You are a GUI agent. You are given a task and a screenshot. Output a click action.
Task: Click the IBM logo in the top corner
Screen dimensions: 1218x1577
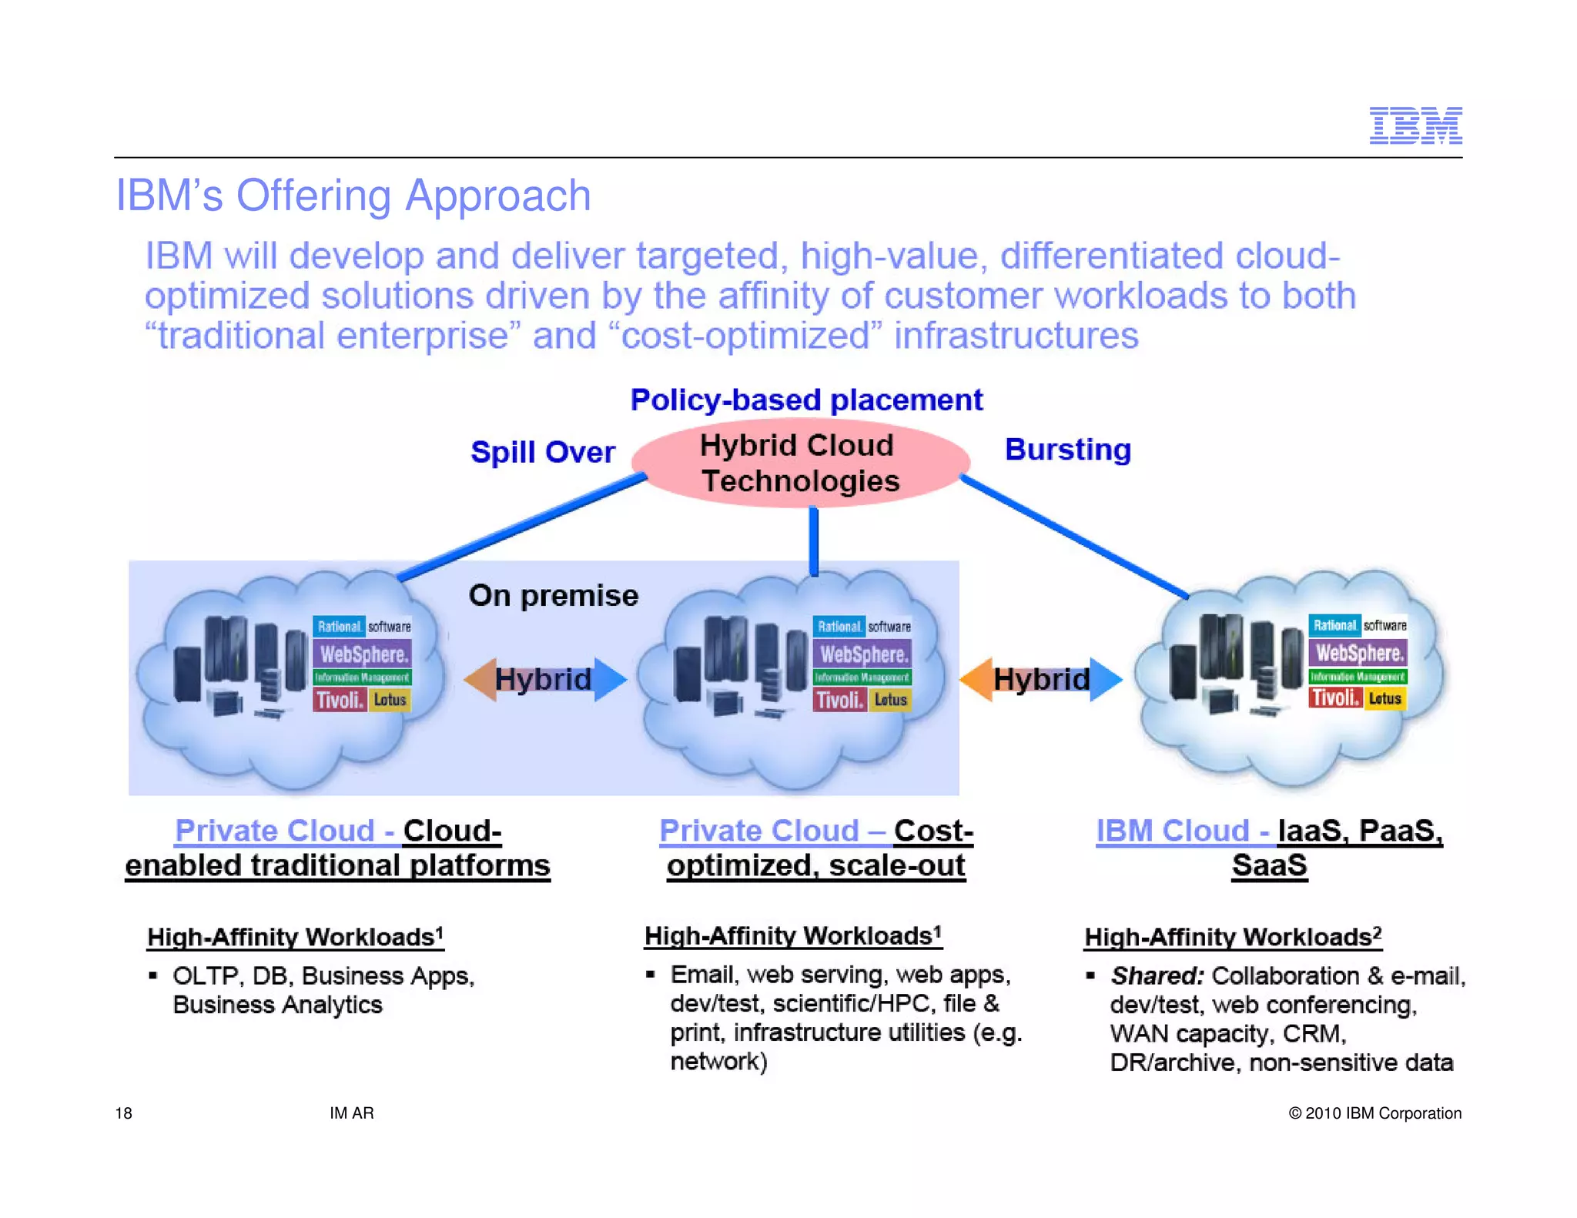(x=1415, y=125)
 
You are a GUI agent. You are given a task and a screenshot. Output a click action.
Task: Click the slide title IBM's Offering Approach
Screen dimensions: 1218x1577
(x=353, y=196)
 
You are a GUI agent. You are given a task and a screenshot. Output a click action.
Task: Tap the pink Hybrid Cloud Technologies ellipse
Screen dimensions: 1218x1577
(x=799, y=463)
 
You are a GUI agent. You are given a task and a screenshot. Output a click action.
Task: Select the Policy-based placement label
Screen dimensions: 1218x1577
(x=806, y=400)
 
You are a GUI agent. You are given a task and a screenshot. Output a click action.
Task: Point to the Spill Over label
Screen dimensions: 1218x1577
(x=542, y=452)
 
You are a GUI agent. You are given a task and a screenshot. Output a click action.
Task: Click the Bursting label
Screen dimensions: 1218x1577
(x=1068, y=450)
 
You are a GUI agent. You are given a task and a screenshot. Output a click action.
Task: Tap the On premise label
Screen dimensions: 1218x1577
(x=553, y=596)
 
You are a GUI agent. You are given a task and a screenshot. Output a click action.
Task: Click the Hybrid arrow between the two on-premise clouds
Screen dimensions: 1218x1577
(x=544, y=679)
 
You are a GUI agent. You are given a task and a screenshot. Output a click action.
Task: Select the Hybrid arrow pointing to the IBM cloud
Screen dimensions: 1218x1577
(x=1041, y=679)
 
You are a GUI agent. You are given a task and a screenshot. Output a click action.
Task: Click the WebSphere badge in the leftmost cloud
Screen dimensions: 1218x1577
(x=363, y=654)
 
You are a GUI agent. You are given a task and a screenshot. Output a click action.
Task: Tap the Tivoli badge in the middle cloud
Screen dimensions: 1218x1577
(x=839, y=700)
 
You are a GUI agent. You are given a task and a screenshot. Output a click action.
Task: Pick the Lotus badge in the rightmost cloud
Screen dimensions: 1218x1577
(x=1384, y=698)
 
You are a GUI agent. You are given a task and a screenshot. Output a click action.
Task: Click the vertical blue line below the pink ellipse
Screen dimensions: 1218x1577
(x=814, y=540)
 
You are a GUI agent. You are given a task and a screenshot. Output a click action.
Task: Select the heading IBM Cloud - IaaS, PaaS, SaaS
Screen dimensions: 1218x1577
(x=1269, y=848)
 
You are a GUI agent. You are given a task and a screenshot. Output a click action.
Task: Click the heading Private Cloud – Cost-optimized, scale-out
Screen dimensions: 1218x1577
(x=816, y=848)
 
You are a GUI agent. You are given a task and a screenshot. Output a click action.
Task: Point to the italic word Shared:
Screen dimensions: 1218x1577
(x=1157, y=976)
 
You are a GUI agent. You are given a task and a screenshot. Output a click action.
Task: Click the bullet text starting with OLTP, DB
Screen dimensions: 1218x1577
(x=323, y=990)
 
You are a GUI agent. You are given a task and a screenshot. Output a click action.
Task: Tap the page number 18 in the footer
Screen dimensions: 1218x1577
(x=123, y=1113)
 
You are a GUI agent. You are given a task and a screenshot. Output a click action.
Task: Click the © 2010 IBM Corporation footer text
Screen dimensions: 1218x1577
(x=1374, y=1113)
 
